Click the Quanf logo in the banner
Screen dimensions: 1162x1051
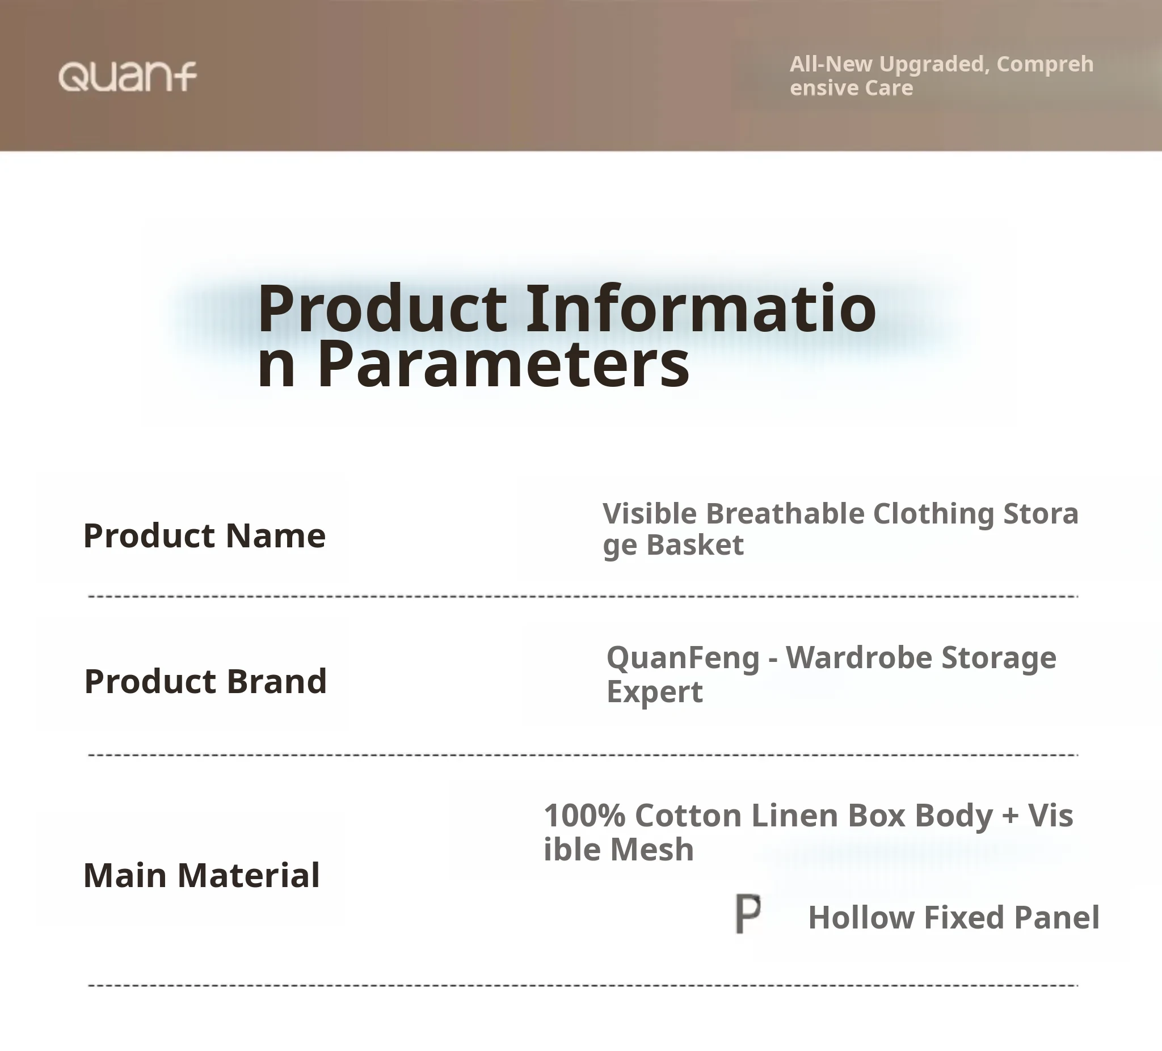pyautogui.click(x=128, y=77)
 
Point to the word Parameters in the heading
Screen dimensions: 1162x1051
pyautogui.click(x=503, y=364)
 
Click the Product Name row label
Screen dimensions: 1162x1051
pyautogui.click(x=205, y=535)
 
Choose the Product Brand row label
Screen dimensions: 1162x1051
pyautogui.click(x=206, y=681)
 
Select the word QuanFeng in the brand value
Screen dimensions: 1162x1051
pyautogui.click(x=683, y=659)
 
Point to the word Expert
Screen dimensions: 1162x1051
pyautogui.click(x=655, y=692)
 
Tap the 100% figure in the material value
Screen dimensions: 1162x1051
pyautogui.click(x=585, y=816)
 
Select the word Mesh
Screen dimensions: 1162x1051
pyautogui.click(x=652, y=850)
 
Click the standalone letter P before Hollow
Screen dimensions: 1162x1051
pyautogui.click(x=748, y=914)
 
